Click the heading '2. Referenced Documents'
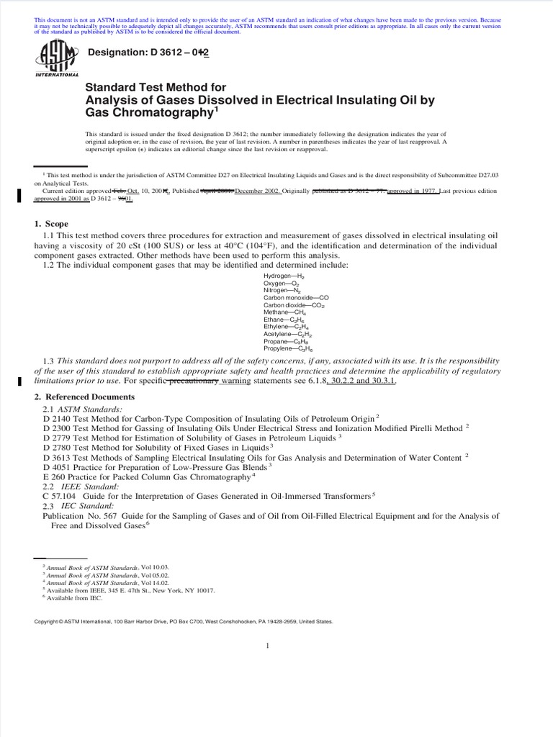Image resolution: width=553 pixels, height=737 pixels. coord(89,397)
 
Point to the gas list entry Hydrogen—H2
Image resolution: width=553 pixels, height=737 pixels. coord(291,276)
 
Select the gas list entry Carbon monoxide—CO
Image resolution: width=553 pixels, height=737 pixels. coord(296,297)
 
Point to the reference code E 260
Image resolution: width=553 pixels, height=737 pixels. coord(56,476)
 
